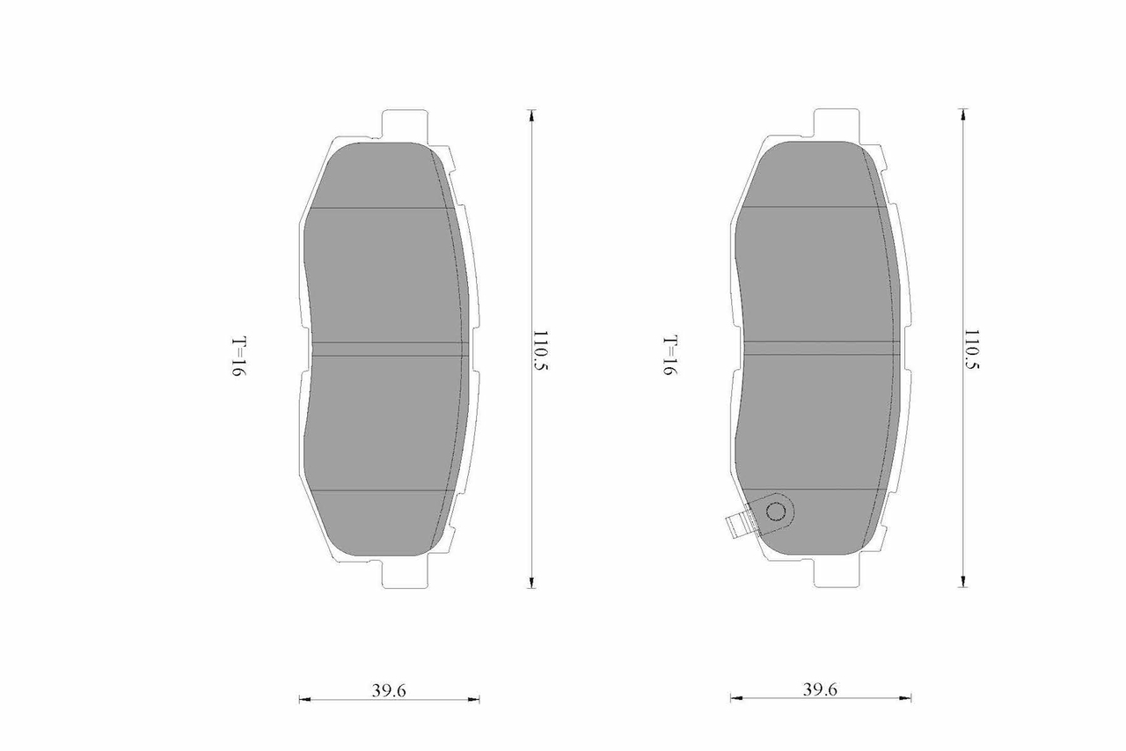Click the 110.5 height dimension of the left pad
point(540,350)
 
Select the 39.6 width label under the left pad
point(389,690)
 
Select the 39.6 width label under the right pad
point(820,689)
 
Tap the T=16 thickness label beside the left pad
point(238,357)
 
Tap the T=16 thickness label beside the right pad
point(670,355)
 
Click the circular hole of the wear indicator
point(775,512)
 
